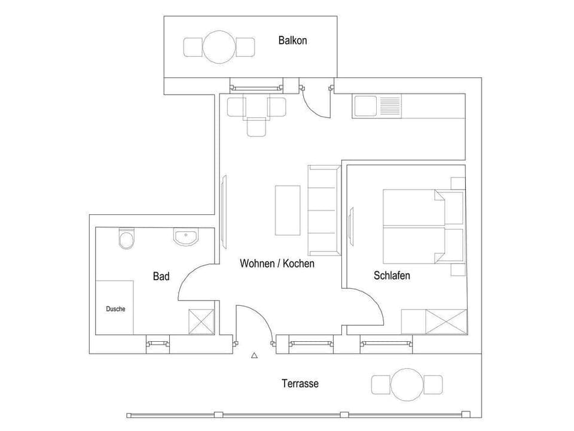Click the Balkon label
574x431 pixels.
click(292, 41)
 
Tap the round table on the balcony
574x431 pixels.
click(219, 46)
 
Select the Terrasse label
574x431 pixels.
click(300, 384)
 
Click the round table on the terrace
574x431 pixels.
click(407, 384)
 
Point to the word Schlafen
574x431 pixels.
click(392, 276)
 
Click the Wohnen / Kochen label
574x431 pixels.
click(277, 263)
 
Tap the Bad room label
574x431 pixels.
click(161, 276)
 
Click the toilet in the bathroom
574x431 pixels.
click(126, 239)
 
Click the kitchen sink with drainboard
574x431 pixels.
click(380, 107)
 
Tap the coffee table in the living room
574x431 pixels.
click(287, 210)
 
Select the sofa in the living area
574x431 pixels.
click(323, 210)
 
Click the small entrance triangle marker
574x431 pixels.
click(254, 356)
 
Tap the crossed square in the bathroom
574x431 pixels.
click(201, 321)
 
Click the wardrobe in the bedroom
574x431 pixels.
click(434, 321)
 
